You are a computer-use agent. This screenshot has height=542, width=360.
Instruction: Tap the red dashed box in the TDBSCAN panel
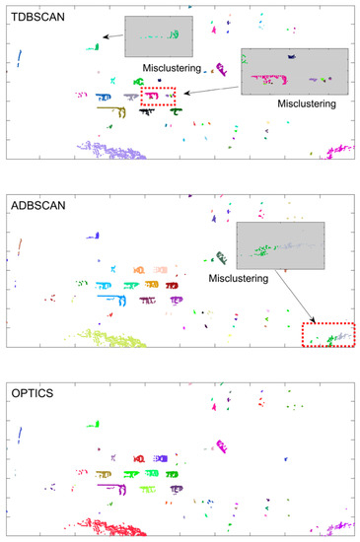click(x=158, y=96)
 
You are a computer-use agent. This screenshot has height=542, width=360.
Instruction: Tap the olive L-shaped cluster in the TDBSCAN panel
click(x=109, y=110)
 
